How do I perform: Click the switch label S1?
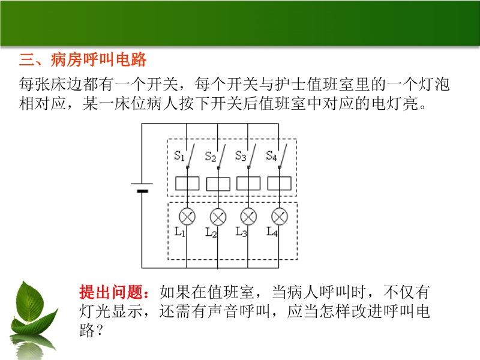coord(179,156)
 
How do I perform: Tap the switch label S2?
coord(211,157)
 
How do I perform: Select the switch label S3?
coord(241,156)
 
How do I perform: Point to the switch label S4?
coord(272,156)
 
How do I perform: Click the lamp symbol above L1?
coord(187,217)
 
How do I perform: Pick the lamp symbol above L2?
coord(218,217)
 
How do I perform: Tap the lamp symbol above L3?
coord(248,217)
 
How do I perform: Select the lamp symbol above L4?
coord(280,217)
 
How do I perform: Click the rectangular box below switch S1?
coord(187,184)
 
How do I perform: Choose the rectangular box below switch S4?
coord(280,184)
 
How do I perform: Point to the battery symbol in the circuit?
coord(142,187)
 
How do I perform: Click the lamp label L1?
coord(179,232)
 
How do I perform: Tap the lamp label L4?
coord(272,232)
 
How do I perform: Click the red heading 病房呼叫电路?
coord(98,59)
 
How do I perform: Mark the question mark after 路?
coord(99,331)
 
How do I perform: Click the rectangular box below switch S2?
coord(218,184)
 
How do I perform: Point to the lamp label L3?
coord(241,232)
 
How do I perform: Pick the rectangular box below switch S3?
coord(248,184)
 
